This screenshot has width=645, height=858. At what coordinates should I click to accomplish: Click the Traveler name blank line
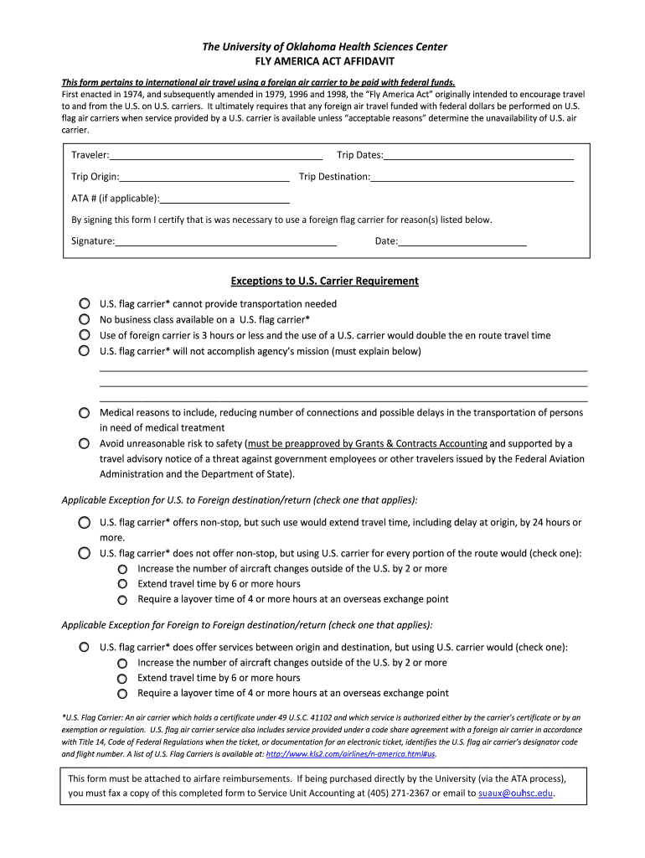click(216, 155)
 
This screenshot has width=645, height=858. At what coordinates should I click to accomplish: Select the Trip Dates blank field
click(478, 155)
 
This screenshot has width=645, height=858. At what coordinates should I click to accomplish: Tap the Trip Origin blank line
click(204, 177)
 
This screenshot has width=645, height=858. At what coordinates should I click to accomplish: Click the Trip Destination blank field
click(472, 177)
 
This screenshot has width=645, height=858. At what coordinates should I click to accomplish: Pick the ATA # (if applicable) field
click(224, 199)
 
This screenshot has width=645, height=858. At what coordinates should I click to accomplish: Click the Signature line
click(226, 241)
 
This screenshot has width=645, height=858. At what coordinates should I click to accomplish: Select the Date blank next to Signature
click(462, 241)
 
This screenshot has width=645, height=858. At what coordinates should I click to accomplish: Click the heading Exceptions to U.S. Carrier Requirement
click(324, 281)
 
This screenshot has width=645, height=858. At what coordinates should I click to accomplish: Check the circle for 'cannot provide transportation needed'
click(85, 304)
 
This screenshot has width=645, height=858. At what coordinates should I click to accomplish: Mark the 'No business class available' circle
click(85, 319)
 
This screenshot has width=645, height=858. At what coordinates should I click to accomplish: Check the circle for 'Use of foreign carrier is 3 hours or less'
click(85, 335)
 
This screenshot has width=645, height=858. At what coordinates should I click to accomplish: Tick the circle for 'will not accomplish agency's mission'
click(85, 351)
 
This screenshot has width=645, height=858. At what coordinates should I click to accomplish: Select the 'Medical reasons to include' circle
click(85, 413)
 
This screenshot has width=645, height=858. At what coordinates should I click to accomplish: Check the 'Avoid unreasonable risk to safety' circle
click(85, 443)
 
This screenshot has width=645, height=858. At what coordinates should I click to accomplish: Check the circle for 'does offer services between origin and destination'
click(85, 648)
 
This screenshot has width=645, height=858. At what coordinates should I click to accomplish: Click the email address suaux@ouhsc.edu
click(515, 793)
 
